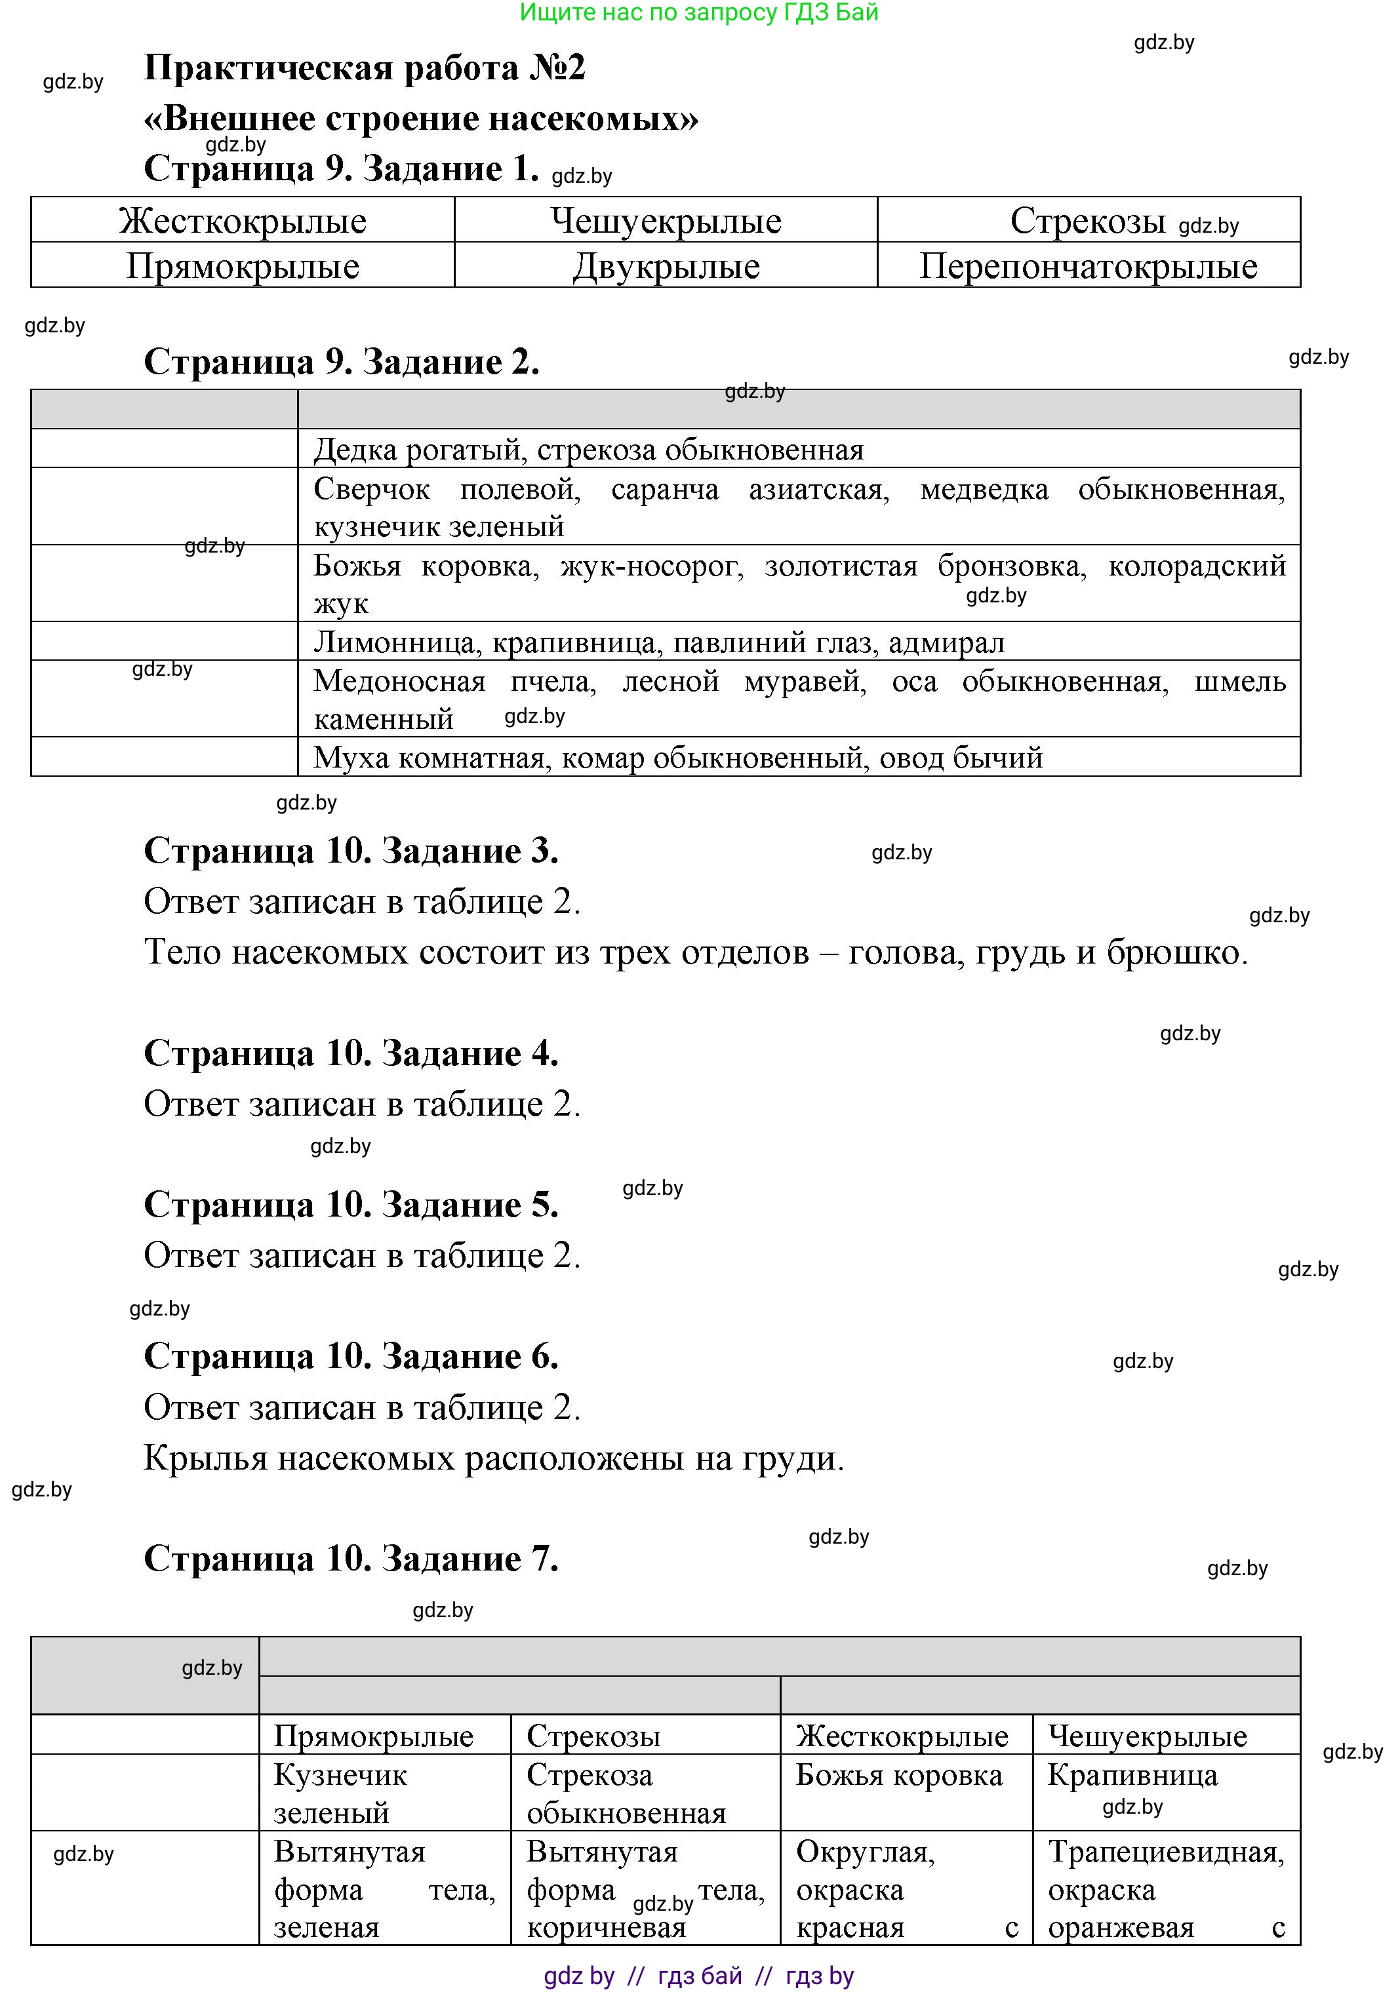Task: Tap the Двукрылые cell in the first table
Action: [666, 266]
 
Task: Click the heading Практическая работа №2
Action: [365, 68]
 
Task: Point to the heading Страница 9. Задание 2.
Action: [341, 362]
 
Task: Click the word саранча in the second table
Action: [665, 490]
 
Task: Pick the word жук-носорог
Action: [652, 566]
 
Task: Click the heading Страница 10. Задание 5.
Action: [351, 1205]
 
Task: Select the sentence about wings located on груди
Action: [493, 1458]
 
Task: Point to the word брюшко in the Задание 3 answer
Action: [1175, 952]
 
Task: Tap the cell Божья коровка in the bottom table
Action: [898, 1775]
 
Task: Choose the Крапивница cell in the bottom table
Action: [1132, 1775]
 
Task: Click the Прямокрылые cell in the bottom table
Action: [373, 1736]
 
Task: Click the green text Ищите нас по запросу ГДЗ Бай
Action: [699, 12]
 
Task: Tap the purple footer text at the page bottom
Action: [699, 1976]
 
